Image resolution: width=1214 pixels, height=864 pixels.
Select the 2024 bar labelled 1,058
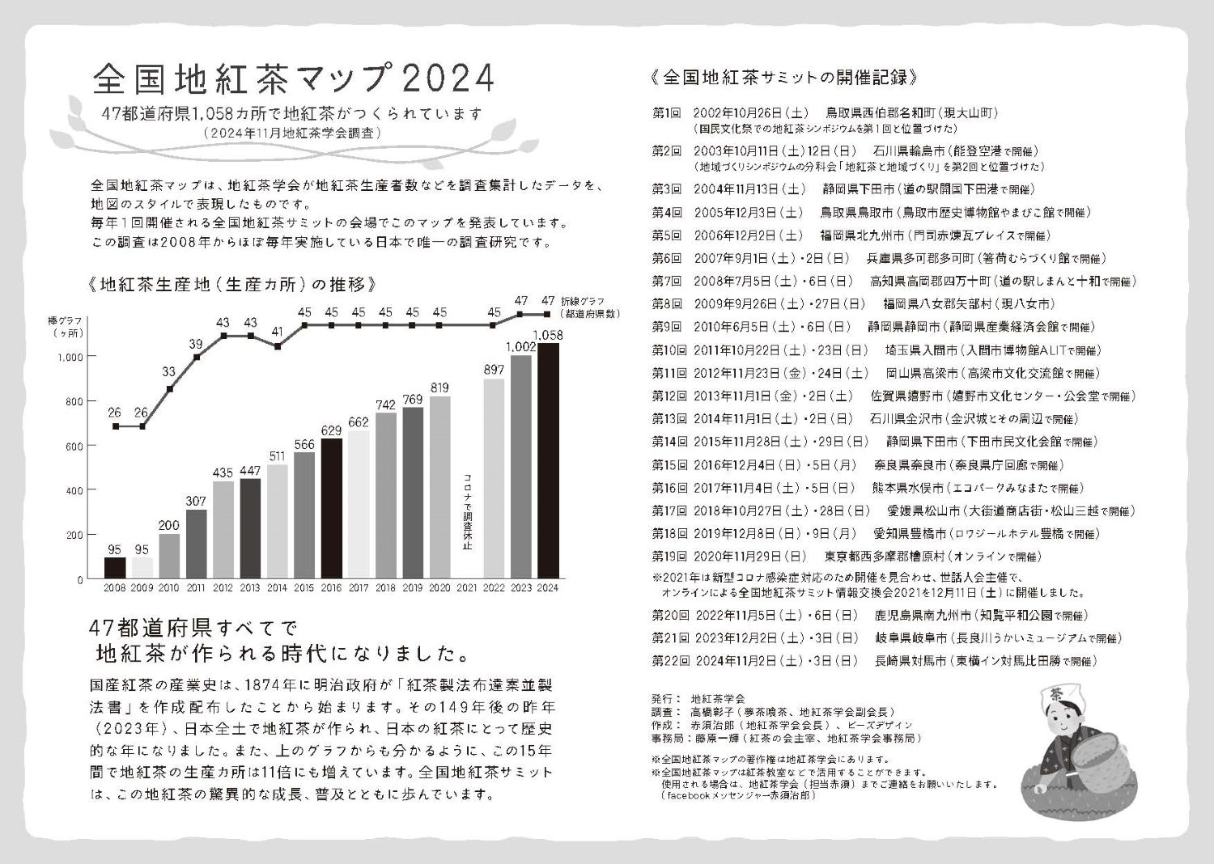click(548, 461)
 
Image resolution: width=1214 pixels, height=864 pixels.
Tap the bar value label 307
click(196, 502)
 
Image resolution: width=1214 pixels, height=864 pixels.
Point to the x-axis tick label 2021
click(467, 588)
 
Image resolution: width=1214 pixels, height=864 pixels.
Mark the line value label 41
click(278, 331)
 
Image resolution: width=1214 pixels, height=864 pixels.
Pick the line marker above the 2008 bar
click(116, 426)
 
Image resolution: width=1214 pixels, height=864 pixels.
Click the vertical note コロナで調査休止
click(467, 512)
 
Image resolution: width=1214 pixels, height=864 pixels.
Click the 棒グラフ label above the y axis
click(66, 321)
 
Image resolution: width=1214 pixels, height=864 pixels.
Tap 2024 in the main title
click(447, 78)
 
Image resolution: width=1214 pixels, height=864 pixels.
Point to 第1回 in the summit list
click(667, 112)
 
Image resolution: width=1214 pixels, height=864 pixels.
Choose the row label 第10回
click(670, 350)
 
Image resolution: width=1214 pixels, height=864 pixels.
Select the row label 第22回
click(670, 660)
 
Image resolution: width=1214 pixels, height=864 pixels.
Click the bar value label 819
click(439, 388)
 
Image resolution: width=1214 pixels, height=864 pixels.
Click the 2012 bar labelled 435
click(223, 530)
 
